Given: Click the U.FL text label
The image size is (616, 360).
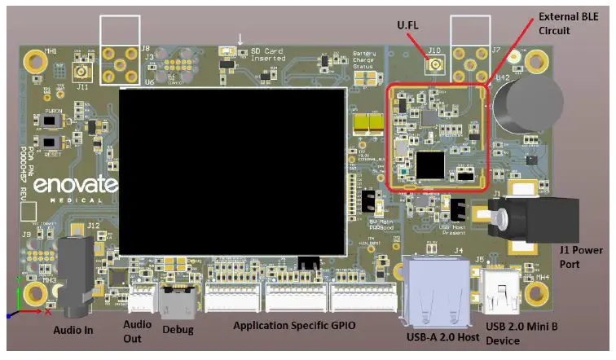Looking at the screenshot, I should click(x=410, y=27).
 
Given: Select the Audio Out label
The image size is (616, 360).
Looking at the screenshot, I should click(x=137, y=331).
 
